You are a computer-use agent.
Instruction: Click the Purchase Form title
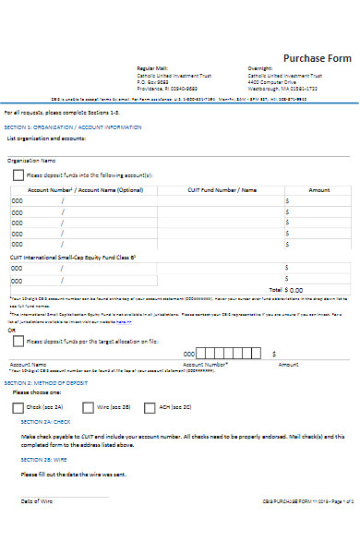(x=317, y=57)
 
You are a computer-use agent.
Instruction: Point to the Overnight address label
(x=260, y=68)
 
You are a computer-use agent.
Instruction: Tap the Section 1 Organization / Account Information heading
(x=73, y=126)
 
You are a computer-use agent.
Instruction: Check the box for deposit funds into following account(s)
(x=18, y=175)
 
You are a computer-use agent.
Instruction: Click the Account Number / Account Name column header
(x=85, y=189)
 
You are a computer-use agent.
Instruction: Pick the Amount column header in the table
(x=318, y=189)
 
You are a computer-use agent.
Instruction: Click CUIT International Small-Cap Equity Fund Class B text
(x=74, y=257)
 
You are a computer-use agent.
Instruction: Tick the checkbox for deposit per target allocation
(x=18, y=341)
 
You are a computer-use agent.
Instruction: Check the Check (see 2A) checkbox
(x=18, y=406)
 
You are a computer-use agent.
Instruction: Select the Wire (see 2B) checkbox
(x=88, y=406)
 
